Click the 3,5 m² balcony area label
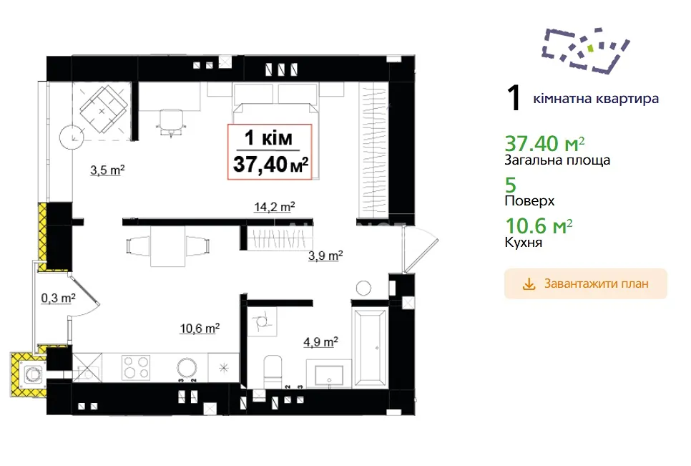coord(107,170)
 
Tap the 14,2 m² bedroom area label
coord(274,207)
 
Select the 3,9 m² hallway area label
coord(325,256)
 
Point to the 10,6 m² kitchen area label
coord(200,329)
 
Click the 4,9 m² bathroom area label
coord(320,342)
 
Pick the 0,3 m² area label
coord(58,298)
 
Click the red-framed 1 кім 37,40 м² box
coord(270,152)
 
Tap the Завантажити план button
coord(586,284)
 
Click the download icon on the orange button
coord(529,284)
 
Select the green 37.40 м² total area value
coord(544,144)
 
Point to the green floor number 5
coord(510,185)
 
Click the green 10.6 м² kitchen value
coord(539,226)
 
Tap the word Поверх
coord(529,201)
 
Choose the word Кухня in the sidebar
coord(523,243)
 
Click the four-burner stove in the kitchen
coord(136,368)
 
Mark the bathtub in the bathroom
coord(371,349)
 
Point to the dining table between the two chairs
coord(167,246)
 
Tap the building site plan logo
coord(585,50)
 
